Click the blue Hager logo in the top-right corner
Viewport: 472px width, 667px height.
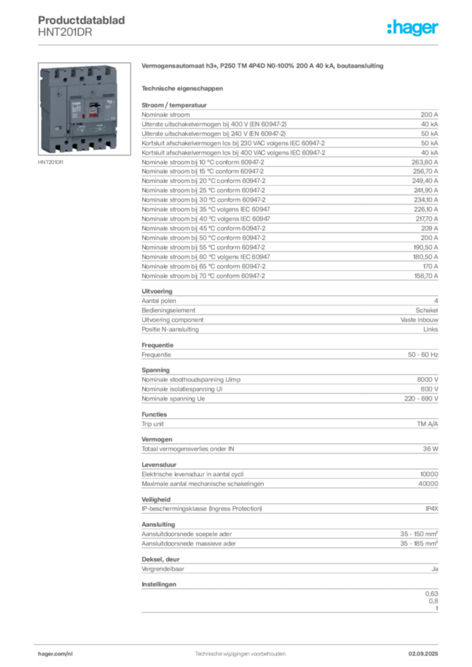click(413, 29)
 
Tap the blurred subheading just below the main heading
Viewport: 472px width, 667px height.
click(183, 87)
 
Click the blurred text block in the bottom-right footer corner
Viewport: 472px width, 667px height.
click(428, 649)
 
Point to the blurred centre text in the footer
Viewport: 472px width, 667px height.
click(241, 651)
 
